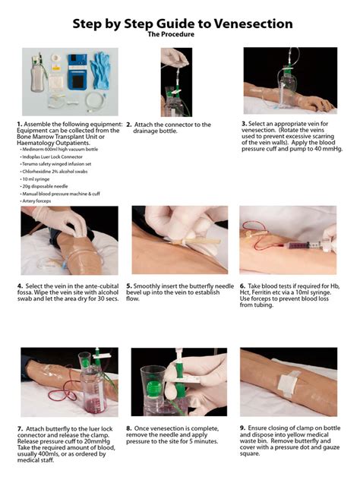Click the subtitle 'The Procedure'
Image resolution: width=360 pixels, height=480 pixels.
179,35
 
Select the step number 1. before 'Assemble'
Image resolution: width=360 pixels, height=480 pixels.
19,123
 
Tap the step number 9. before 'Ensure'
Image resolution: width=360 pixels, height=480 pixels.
243,428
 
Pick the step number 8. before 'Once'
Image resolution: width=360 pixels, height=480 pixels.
129,428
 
